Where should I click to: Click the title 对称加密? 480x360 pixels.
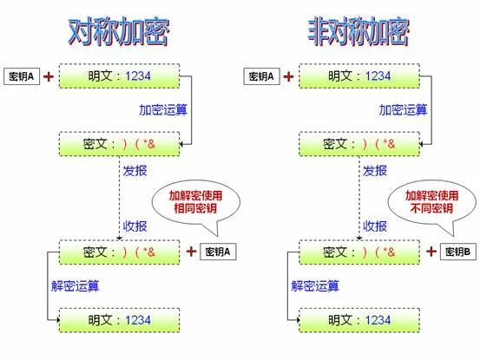pos(119,32)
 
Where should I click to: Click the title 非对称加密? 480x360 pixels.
pos(358,32)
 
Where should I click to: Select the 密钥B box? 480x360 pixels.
pos(458,252)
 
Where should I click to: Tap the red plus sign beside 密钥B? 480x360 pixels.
pos(431,252)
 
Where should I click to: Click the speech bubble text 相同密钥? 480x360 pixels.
pos(195,208)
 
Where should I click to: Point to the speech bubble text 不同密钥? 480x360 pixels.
pos(431,208)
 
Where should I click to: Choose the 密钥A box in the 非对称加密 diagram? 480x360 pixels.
pos(262,76)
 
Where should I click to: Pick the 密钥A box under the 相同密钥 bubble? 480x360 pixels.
pos(218,252)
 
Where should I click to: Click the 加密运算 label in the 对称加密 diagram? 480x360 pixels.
pos(163,110)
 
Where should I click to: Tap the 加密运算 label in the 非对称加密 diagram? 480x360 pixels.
pos(403,110)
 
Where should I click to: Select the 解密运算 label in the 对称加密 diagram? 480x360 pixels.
pos(76,286)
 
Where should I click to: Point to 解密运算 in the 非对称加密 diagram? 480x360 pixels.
pos(315,286)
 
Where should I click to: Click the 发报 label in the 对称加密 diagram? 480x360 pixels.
pos(135,171)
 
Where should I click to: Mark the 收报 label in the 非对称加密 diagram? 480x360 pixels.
pos(375,226)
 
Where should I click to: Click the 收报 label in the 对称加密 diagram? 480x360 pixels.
pos(135,226)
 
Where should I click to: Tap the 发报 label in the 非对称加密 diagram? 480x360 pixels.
pos(375,171)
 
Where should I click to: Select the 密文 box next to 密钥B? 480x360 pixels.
pos(359,252)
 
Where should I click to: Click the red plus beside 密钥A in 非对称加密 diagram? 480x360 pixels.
pos(288,76)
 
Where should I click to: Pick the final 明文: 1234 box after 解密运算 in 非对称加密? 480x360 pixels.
pos(359,320)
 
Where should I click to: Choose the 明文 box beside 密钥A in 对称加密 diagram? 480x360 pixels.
pos(120,76)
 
